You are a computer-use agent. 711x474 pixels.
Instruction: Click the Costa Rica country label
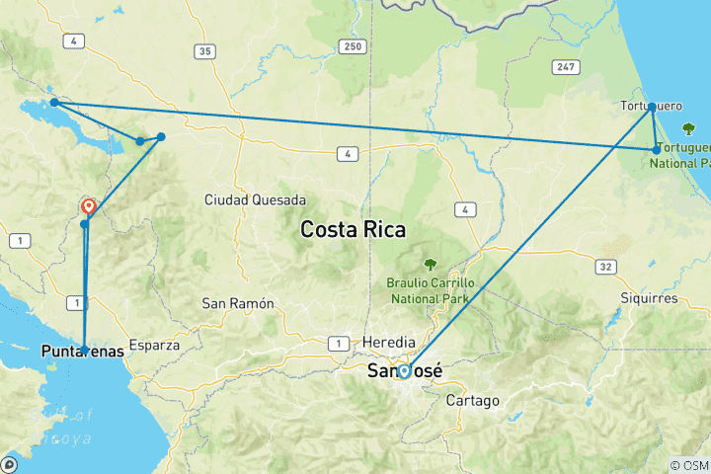point(354,230)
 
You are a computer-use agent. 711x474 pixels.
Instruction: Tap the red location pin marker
point(89,206)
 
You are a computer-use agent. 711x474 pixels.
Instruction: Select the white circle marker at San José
point(404,371)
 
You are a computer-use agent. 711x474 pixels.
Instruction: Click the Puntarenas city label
point(84,351)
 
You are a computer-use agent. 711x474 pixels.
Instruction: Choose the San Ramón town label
point(237,302)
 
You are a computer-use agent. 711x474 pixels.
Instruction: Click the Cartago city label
point(473,401)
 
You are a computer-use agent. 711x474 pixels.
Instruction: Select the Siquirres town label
point(650,297)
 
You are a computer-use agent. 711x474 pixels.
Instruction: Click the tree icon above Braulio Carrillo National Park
point(431,265)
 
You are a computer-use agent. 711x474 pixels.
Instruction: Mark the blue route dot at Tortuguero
point(652,107)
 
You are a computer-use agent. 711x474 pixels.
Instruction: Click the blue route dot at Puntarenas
point(84,349)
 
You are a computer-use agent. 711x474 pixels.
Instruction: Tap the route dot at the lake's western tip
point(54,103)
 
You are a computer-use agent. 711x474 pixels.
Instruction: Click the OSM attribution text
point(687,465)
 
